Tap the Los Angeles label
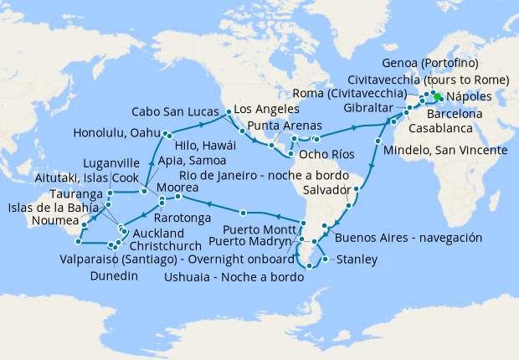266,110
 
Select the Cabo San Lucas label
178,111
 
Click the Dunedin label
114,275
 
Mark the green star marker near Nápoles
438,96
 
